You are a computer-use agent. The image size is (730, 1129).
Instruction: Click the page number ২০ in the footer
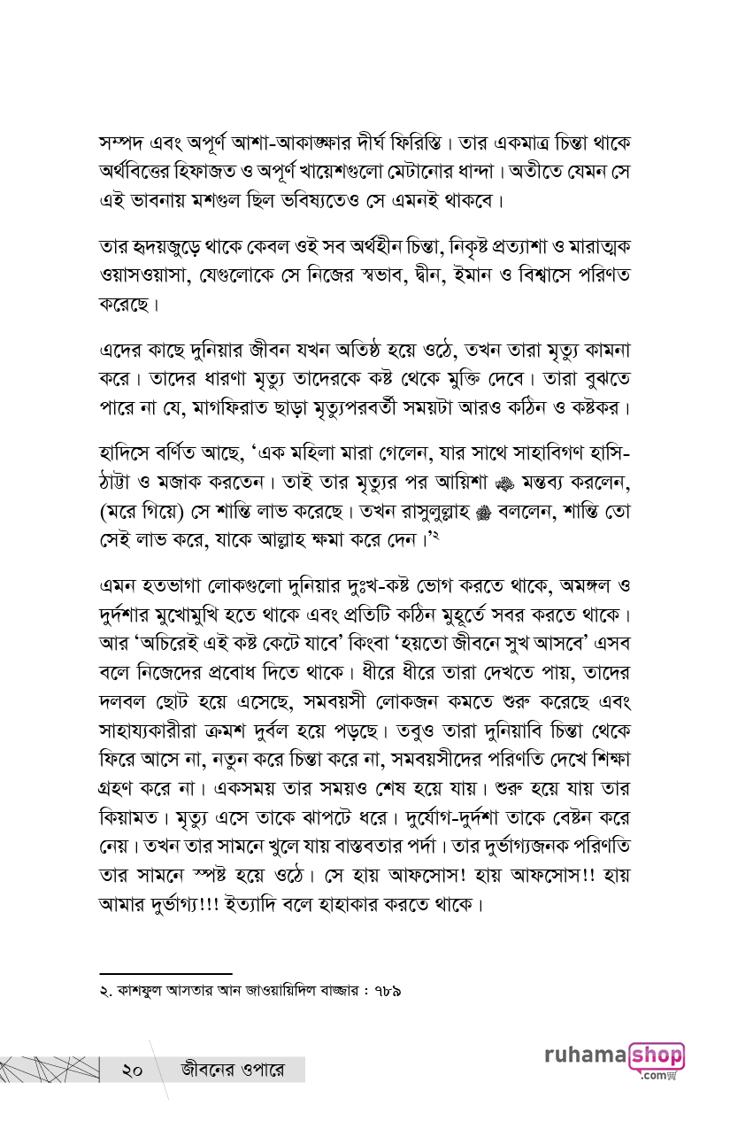(133, 1070)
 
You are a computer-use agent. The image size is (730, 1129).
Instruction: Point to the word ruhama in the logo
(586, 1056)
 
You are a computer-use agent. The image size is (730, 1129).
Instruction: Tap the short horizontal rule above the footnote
(165, 973)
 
